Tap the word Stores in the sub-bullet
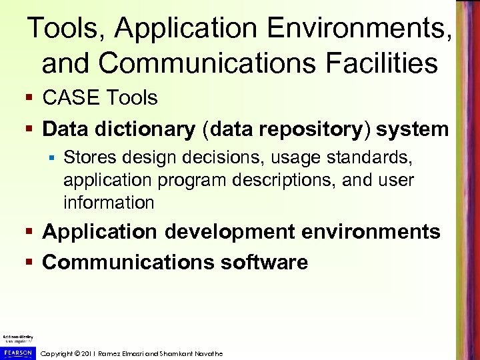pos(88,157)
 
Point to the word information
pos(109,202)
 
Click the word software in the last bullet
pos(263,262)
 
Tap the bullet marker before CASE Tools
pos(31,99)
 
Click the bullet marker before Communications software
pos(31,263)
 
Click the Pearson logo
pos(17,352)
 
